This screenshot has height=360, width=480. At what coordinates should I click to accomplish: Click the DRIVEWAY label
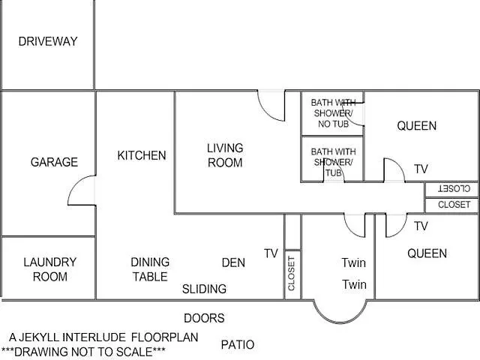48,41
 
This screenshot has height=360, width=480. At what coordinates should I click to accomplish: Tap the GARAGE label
54,162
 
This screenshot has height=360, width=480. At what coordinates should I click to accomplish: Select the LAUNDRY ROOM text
50,269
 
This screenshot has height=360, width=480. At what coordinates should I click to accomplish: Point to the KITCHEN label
142,155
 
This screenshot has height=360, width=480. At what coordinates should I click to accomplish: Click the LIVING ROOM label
225,155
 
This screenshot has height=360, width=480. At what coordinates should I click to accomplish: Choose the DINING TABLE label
150,269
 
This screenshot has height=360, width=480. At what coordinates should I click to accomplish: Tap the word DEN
233,262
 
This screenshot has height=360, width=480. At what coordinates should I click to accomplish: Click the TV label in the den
271,253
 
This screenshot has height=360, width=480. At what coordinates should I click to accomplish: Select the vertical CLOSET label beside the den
291,273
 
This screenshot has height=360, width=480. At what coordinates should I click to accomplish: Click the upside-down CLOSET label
454,188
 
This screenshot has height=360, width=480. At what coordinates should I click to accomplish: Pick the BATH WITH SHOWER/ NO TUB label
333,113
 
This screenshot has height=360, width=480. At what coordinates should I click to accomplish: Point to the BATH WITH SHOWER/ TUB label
333,162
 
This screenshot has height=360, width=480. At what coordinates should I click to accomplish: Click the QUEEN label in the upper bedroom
417,126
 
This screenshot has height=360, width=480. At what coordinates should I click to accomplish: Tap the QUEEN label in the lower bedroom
427,253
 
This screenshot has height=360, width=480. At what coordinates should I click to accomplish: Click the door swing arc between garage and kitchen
73,186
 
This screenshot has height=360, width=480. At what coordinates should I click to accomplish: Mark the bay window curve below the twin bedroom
340,322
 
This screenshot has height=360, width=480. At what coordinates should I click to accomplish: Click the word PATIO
238,345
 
